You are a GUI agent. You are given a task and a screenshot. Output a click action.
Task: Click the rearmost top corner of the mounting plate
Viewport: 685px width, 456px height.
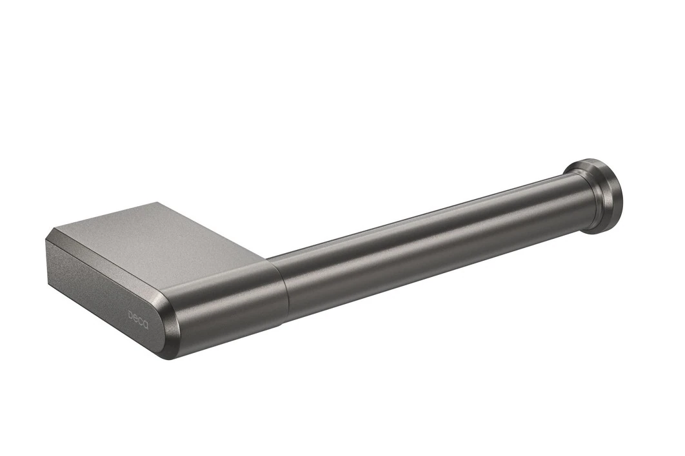[x=157, y=202]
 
